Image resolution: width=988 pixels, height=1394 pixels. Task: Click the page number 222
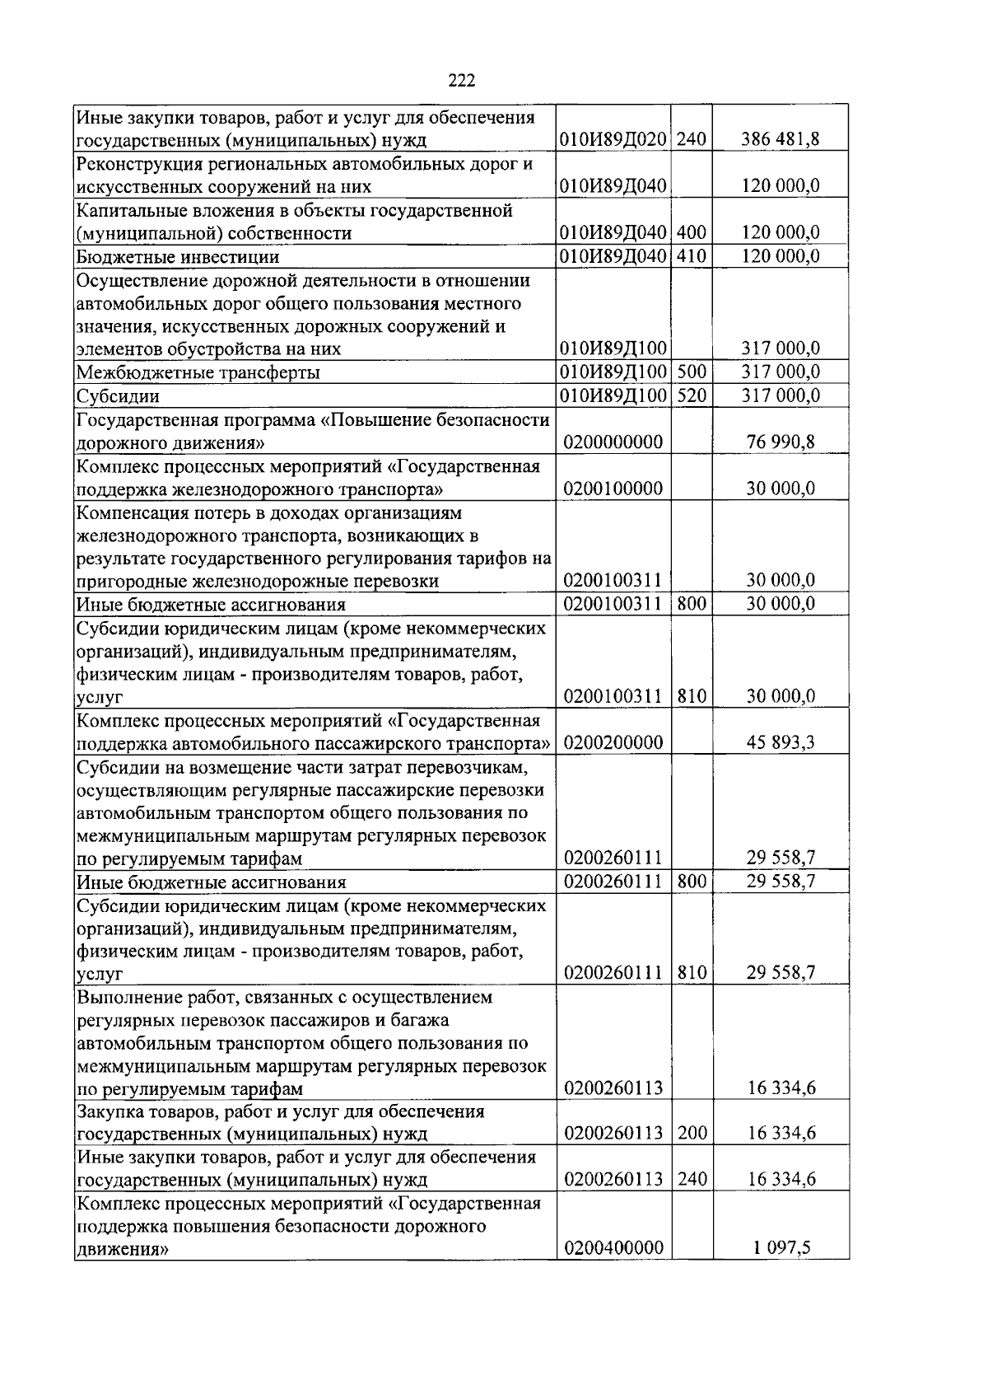click(x=462, y=81)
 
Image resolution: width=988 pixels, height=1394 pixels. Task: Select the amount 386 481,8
click(x=780, y=139)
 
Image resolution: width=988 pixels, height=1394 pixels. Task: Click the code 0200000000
click(x=613, y=442)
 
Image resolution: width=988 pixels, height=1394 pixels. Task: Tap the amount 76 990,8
click(x=781, y=442)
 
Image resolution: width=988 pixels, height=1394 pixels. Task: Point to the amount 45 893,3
click(x=781, y=743)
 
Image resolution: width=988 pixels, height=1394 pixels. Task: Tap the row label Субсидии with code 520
click(x=118, y=396)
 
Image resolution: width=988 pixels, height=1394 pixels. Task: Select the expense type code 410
click(x=692, y=256)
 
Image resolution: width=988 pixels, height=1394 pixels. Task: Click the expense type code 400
click(x=692, y=233)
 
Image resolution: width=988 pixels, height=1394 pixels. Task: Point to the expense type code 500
click(x=692, y=372)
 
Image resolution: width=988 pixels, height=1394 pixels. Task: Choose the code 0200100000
click(x=613, y=489)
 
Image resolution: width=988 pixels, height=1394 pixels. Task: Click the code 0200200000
click(x=613, y=743)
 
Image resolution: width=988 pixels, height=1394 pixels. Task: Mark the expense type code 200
click(x=692, y=1134)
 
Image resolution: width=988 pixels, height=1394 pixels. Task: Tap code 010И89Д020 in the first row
click(x=613, y=139)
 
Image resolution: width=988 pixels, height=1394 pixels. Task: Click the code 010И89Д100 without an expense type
click(x=613, y=348)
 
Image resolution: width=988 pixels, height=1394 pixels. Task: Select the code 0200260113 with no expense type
click(x=613, y=1088)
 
